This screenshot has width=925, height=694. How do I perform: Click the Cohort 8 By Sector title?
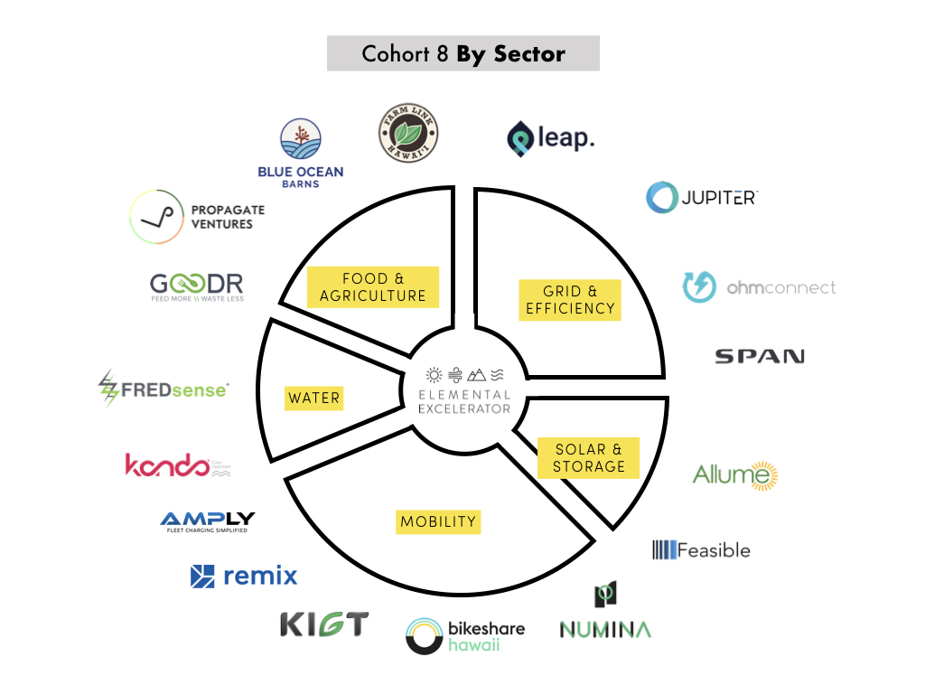tap(462, 53)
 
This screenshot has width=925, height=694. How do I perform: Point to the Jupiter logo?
tap(701, 197)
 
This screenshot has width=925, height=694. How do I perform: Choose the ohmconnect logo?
tap(759, 287)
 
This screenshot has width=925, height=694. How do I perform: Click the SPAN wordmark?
tap(759, 356)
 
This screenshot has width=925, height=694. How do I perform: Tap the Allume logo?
tap(735, 474)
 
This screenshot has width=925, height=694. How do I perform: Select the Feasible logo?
tap(701, 549)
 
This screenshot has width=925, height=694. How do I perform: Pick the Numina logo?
tap(605, 614)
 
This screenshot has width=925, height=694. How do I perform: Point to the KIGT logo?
tap(324, 624)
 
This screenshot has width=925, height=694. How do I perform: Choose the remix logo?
tap(244, 576)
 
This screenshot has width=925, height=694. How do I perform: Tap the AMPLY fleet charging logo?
tap(207, 521)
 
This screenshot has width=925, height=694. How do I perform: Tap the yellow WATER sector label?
tap(313, 398)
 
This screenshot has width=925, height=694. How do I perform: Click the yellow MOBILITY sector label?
tap(438, 521)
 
